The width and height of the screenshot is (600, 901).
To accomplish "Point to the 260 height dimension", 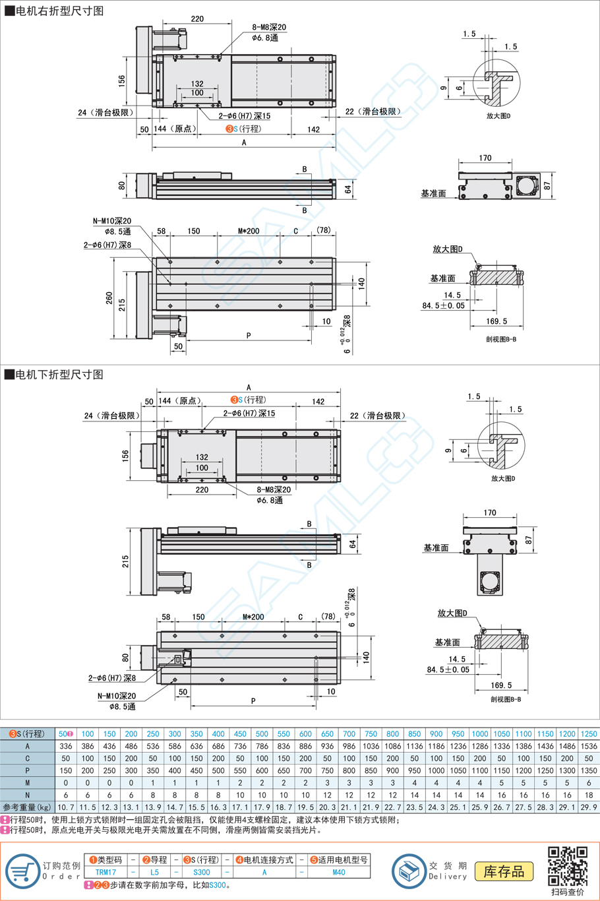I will click(x=109, y=298).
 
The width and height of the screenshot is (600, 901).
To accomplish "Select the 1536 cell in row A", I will click(x=589, y=746).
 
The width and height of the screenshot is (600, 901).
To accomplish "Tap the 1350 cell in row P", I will click(x=589, y=770).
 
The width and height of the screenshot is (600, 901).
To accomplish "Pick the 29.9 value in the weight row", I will click(x=589, y=807).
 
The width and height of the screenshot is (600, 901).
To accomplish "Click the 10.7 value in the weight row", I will click(x=66, y=807).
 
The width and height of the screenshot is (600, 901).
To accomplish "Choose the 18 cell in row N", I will click(x=589, y=795).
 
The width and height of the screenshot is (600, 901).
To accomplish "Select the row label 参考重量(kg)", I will click(x=27, y=807).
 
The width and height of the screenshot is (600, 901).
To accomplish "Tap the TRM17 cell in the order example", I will click(x=105, y=872).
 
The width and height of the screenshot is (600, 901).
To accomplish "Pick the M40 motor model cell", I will click(x=338, y=872).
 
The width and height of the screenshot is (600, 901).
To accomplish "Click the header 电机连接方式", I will click(x=264, y=860).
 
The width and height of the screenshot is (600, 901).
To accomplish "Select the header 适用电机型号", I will click(x=338, y=860).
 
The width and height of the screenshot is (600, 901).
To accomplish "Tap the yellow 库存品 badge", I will click(x=504, y=871).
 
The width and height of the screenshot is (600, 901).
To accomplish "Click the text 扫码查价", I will click(x=568, y=892).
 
